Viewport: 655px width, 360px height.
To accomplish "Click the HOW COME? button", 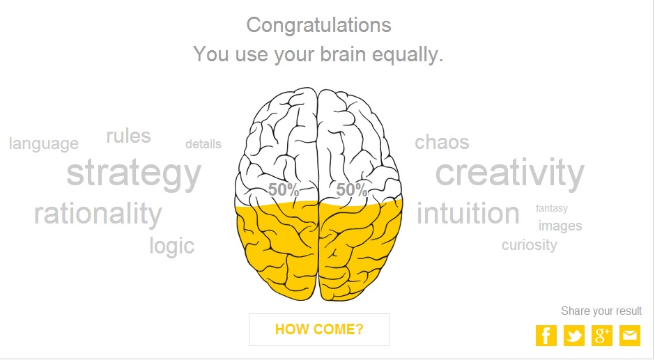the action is (x=318, y=329).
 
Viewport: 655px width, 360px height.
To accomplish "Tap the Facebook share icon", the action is (x=546, y=336).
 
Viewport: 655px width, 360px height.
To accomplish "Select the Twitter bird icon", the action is (x=574, y=336).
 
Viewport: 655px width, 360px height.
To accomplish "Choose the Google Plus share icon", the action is (x=602, y=336).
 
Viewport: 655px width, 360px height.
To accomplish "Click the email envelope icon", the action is (x=630, y=336).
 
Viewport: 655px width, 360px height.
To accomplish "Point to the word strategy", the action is (x=134, y=175).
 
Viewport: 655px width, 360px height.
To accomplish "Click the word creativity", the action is (x=510, y=173).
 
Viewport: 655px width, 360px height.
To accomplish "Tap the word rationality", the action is (x=98, y=214).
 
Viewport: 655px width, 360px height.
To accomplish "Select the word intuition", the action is (x=468, y=213).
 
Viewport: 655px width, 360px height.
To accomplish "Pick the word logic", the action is (x=172, y=246).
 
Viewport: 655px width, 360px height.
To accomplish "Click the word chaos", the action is (x=442, y=143).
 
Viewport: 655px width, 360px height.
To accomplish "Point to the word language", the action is (x=43, y=144).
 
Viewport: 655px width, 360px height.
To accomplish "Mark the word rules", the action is (x=129, y=136).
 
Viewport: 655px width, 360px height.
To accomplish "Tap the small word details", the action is (x=203, y=144).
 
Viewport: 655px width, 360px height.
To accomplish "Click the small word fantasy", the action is (x=552, y=208).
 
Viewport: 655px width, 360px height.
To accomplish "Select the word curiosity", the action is (x=530, y=245).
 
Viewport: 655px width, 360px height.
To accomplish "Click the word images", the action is (x=560, y=226).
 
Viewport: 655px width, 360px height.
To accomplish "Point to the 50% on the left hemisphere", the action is (x=283, y=190).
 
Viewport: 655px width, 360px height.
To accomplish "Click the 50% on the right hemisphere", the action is (x=352, y=190).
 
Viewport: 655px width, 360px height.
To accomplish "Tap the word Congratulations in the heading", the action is (x=318, y=26).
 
